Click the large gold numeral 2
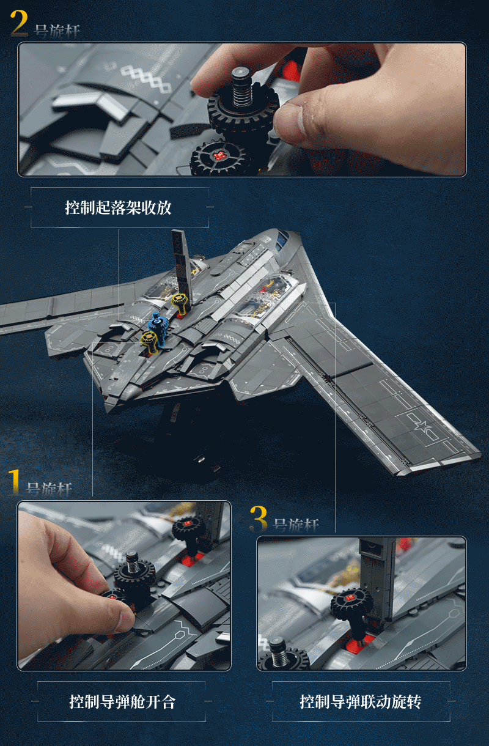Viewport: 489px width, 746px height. [x=20, y=23]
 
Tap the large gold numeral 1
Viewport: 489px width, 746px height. [x=15, y=482]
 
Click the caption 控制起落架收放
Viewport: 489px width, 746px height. [x=118, y=207]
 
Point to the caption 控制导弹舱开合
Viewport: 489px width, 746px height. [x=122, y=701]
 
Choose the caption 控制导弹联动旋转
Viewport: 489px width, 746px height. [x=361, y=701]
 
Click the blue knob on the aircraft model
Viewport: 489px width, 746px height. [x=158, y=324]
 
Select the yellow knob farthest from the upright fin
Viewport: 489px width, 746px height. [x=149, y=341]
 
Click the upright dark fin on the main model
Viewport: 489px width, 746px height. [x=182, y=262]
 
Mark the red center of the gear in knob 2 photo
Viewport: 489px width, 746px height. [x=219, y=155]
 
